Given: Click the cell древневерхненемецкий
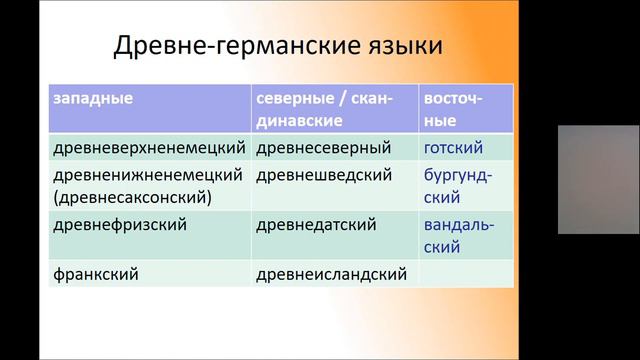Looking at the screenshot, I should coord(147,148).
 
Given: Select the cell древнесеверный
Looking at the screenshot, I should coord(323,148).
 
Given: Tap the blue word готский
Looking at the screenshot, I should coord(454,148).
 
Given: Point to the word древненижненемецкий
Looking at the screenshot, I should coord(147,174).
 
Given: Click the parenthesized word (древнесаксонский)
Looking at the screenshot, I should coord(131,196).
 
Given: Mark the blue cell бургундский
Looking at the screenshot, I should coord(458,185).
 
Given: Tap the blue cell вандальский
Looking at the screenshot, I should coord(459,235).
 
